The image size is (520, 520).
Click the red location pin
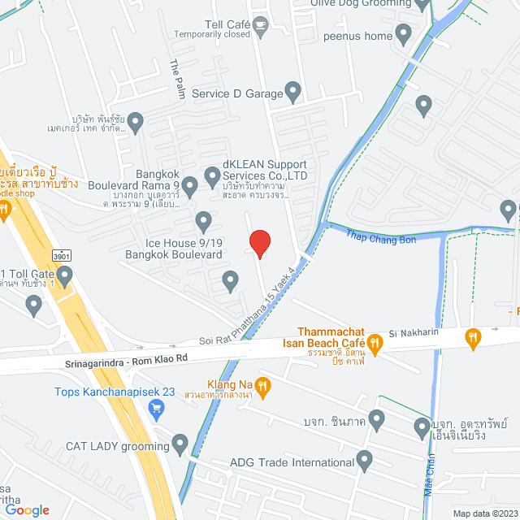point(259,243)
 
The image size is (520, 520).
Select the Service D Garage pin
point(292,91)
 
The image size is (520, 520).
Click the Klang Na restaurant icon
point(262,385)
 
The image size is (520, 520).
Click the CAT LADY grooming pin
point(180,444)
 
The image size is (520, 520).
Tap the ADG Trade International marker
point(365,461)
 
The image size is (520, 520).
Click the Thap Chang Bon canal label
point(381,238)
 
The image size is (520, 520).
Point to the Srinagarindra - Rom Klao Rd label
point(127,358)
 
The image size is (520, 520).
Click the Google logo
point(26,509)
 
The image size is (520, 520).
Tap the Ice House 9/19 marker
point(204,220)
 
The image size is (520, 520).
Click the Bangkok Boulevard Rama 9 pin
point(190,187)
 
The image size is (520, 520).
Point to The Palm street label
point(176,80)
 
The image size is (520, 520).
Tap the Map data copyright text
point(485,513)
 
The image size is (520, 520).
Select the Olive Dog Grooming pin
point(421,4)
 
